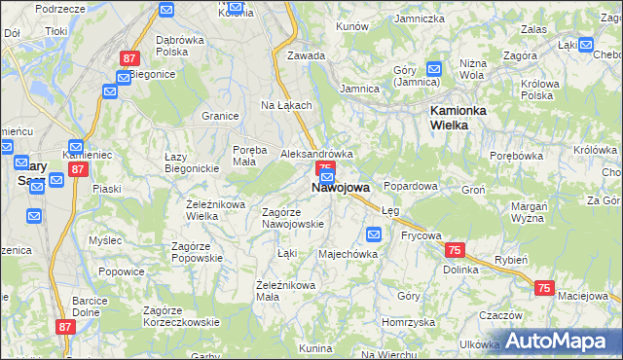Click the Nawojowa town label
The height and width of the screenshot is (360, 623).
pos(341,188)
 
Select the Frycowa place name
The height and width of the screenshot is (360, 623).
pos(421,235)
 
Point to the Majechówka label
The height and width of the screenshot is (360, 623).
pos(348,254)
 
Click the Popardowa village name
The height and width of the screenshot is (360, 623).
pos(411,185)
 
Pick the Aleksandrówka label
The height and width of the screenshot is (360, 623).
pos(316,154)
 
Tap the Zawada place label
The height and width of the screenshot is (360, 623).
pos(306,55)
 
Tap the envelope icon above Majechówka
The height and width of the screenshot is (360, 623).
pos(374,234)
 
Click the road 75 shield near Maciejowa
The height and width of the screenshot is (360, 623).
pos(544,288)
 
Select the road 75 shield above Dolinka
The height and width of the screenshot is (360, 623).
pos(455,250)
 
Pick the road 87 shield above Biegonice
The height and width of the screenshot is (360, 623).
pos(128,58)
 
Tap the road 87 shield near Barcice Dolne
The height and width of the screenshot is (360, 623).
pos(65,328)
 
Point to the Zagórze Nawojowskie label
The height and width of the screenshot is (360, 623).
pos(293,218)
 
